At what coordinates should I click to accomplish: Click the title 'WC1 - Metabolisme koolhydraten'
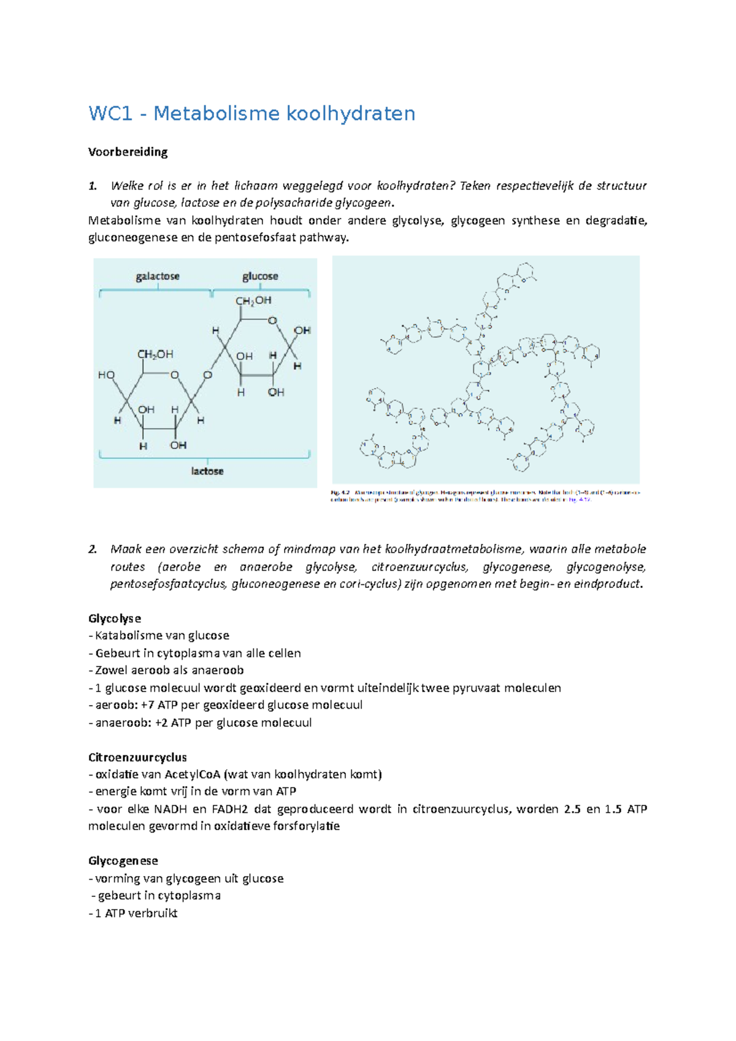point(251,113)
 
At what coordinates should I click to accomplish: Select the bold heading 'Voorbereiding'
point(128,152)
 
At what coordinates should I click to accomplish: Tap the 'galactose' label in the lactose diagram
point(158,276)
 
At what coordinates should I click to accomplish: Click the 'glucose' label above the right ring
point(260,276)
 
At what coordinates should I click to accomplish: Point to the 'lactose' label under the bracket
point(207,471)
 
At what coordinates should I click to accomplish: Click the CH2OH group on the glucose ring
point(253,300)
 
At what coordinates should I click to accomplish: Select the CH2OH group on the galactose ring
point(155,354)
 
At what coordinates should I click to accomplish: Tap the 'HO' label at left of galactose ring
point(106,375)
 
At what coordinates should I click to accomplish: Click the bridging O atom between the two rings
point(207,375)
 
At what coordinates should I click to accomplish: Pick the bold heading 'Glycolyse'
point(115,618)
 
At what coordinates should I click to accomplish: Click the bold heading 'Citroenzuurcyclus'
point(137,757)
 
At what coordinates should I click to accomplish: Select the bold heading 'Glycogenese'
point(123,861)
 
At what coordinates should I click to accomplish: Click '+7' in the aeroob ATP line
point(147,705)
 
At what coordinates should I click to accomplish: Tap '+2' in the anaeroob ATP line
point(161,723)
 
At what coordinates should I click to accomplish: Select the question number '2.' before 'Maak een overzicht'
point(93,549)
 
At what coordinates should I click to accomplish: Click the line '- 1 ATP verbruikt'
point(133,913)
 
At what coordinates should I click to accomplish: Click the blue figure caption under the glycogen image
point(485,495)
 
